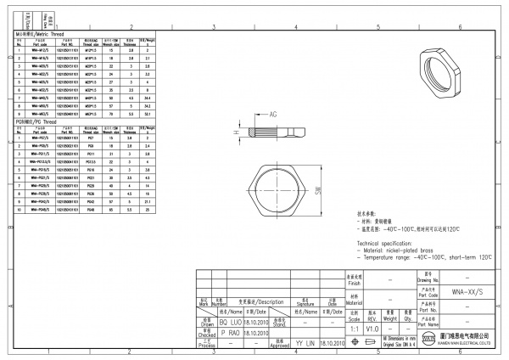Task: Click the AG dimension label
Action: click(274, 113)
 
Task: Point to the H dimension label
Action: click(237, 133)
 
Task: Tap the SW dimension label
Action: click(319, 192)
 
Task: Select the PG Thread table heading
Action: click(36, 121)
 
